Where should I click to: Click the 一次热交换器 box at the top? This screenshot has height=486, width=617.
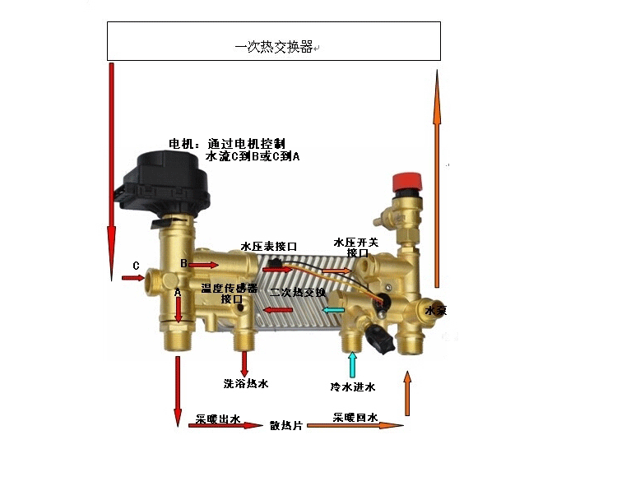coord(274,41)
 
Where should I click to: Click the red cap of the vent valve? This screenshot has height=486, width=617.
coord(407,179)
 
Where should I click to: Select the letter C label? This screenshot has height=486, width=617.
coord(136,266)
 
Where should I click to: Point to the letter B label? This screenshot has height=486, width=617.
coord(184,263)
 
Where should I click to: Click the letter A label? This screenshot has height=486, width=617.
coord(177,292)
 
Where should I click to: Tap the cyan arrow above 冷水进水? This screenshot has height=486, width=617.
coord(353,363)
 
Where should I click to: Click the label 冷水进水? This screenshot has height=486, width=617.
coord(353,386)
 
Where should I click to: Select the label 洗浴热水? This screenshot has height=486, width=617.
coord(246,384)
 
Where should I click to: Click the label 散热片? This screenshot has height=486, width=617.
coord(286,426)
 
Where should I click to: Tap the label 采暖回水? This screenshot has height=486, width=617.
coord(355,418)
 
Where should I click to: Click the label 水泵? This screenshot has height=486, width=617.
coord(434,311)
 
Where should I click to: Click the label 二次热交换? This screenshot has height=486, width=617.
coord(298,292)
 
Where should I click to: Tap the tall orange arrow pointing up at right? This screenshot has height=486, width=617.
coord(438,181)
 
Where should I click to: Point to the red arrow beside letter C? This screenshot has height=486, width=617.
coord(132,279)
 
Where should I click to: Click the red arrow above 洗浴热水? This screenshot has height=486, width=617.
coord(244,363)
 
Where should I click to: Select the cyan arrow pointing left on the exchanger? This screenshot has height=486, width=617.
coord(333,310)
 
